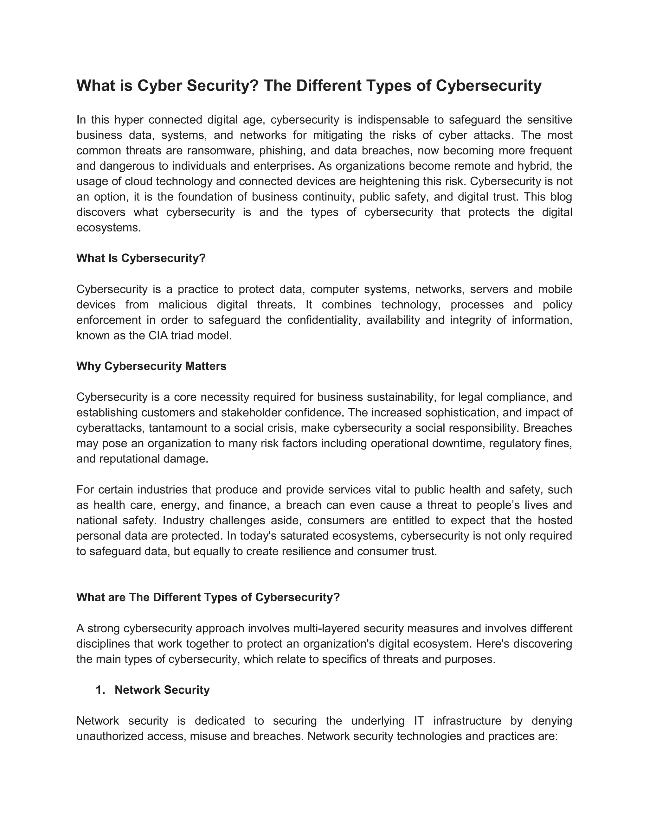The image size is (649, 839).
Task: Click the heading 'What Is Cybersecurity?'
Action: (141, 258)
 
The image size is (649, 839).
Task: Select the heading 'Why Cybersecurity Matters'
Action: (151, 366)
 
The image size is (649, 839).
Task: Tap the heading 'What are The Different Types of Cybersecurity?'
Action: (208, 597)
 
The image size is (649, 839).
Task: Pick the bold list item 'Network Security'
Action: (162, 690)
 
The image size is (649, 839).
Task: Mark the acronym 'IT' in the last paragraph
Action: (419, 721)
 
